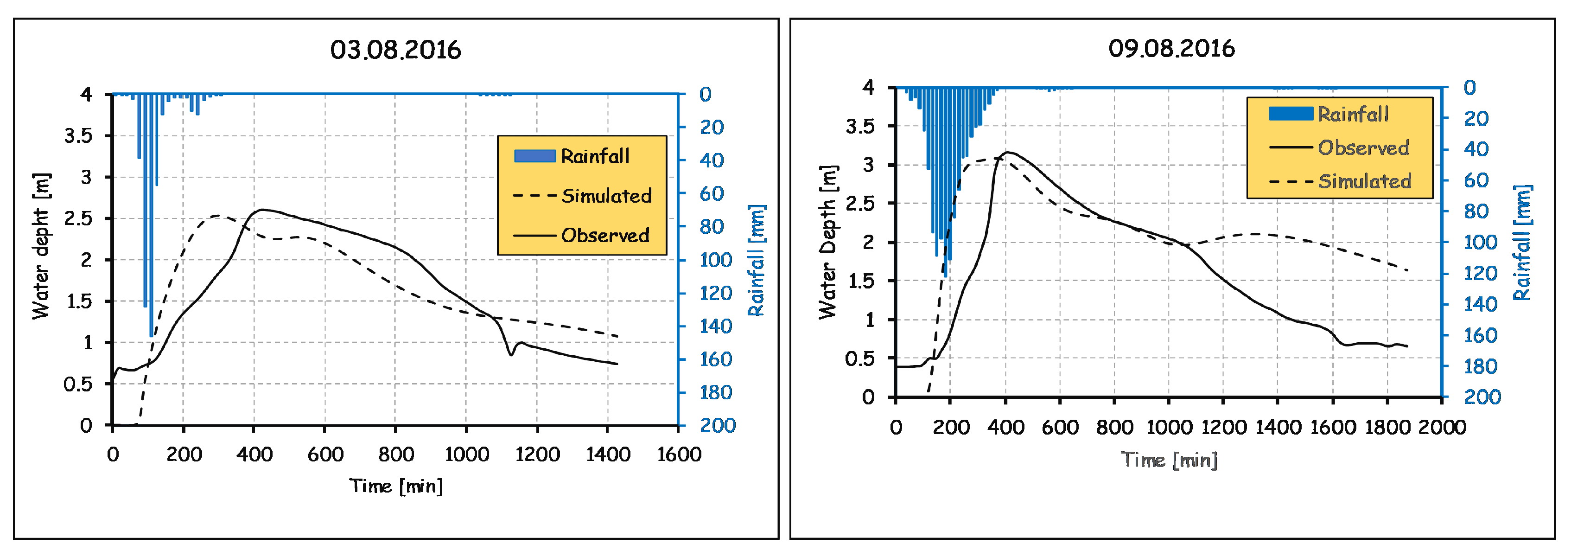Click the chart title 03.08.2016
point(395,50)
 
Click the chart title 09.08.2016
point(1171,48)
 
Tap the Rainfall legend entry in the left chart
point(595,156)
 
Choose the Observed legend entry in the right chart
point(1363,147)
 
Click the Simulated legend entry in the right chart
point(1364,181)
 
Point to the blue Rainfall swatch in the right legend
point(1291,114)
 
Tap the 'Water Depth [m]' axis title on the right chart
point(827,242)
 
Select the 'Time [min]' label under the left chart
point(396,486)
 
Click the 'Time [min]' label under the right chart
point(1169,460)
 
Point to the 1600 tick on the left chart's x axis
point(679,455)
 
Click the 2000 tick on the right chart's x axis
point(1442,427)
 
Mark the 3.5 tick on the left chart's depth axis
point(79,135)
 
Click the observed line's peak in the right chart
point(1007,152)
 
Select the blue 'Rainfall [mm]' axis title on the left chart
point(756,261)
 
